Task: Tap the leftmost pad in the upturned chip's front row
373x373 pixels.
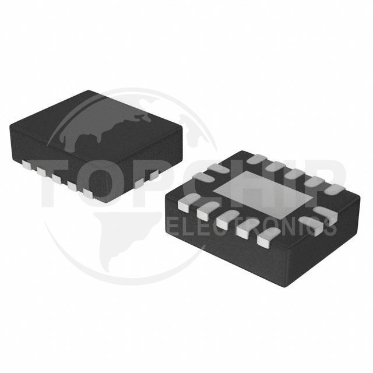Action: tap(185, 203)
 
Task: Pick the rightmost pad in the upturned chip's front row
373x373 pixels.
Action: tap(266, 235)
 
